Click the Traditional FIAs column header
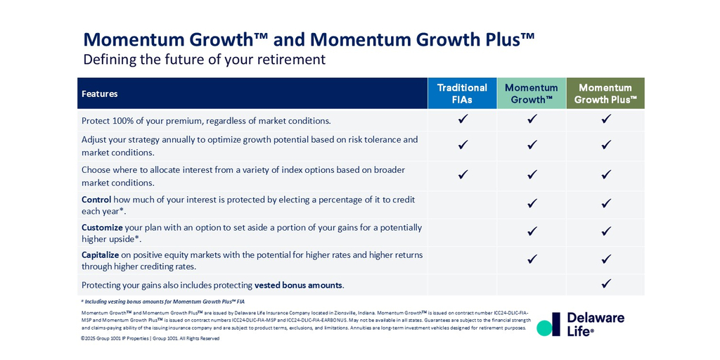[462, 94]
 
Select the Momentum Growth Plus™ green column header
[605, 94]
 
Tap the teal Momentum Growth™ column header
[532, 94]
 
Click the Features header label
[100, 94]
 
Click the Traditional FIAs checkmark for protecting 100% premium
[463, 120]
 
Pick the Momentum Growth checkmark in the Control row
[532, 203]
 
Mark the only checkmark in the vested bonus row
[606, 284]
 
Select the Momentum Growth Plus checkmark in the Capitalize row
[606, 259]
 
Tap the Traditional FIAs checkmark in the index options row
[463, 174]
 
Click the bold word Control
[96, 200]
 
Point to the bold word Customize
[102, 228]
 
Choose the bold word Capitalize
[101, 255]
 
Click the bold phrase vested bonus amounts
[298, 285]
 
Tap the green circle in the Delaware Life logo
[544, 328]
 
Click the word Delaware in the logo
[596, 318]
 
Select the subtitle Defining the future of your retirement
[205, 60]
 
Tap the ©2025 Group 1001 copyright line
[150, 338]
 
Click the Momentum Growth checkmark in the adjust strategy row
[532, 145]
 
